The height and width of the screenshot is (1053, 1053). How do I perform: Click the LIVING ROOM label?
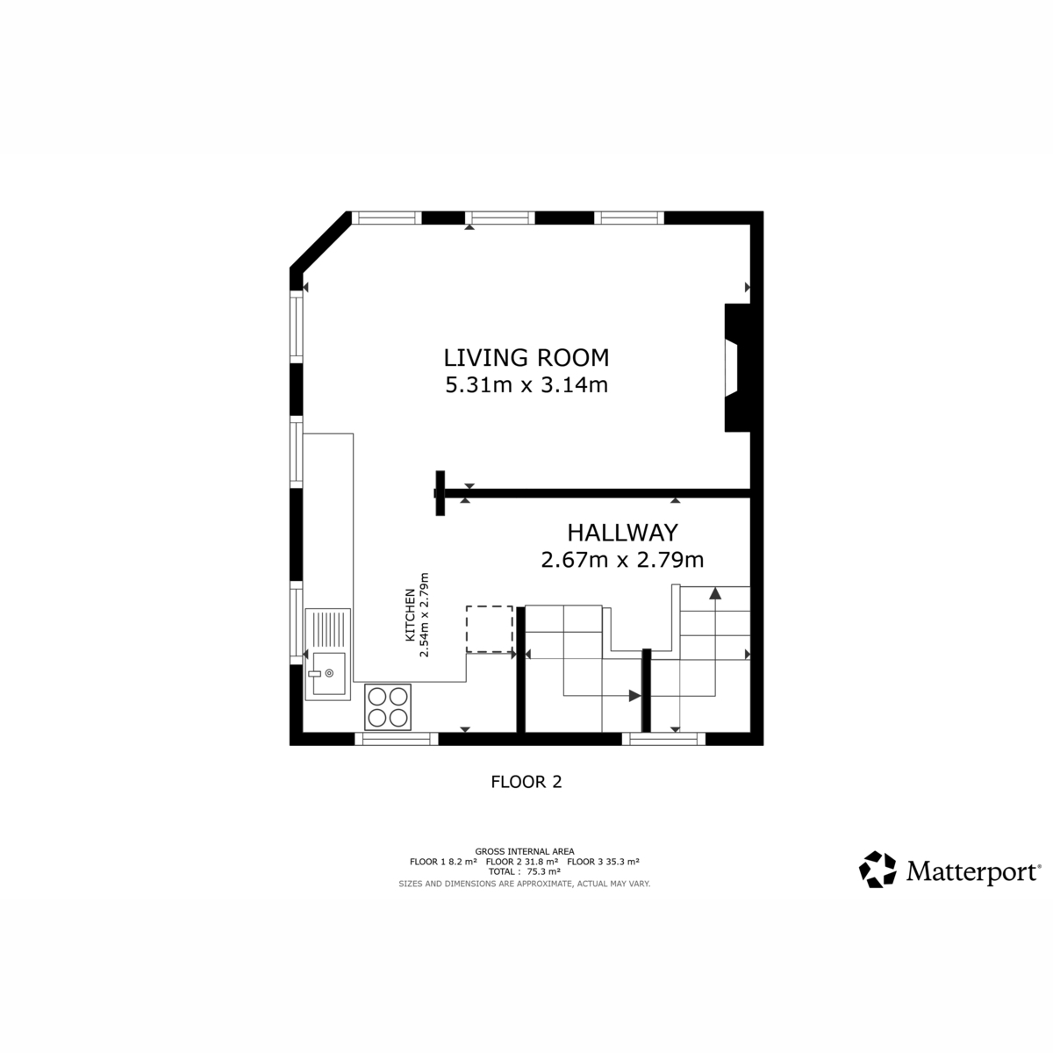click(x=526, y=358)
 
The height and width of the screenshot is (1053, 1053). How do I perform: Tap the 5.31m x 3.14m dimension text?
click(x=526, y=385)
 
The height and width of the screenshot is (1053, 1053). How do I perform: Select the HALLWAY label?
click(x=622, y=533)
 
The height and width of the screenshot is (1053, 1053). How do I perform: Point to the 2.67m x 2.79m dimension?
click(x=622, y=560)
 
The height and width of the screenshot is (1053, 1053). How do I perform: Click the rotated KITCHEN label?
click(x=409, y=615)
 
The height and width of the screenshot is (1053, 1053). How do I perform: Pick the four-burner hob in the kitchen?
click(x=388, y=706)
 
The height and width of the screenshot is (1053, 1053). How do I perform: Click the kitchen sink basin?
click(x=329, y=673)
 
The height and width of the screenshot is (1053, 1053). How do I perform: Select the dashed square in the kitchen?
click(x=489, y=628)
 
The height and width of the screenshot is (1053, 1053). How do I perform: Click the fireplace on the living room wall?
click(x=737, y=367)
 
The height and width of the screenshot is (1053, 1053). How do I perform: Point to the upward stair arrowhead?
click(x=715, y=593)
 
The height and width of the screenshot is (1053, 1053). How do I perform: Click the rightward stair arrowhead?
click(x=635, y=696)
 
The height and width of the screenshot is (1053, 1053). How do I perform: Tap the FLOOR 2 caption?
click(x=526, y=782)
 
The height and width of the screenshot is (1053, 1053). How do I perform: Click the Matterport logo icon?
click(x=877, y=869)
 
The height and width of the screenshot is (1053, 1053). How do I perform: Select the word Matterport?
click(x=972, y=871)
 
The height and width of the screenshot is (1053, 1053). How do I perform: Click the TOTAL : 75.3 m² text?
click(x=525, y=871)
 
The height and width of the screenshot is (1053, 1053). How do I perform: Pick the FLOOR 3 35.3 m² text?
click(x=603, y=862)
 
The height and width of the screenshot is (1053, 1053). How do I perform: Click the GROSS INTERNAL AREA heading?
click(x=525, y=851)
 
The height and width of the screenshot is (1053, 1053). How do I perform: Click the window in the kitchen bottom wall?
click(x=397, y=739)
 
